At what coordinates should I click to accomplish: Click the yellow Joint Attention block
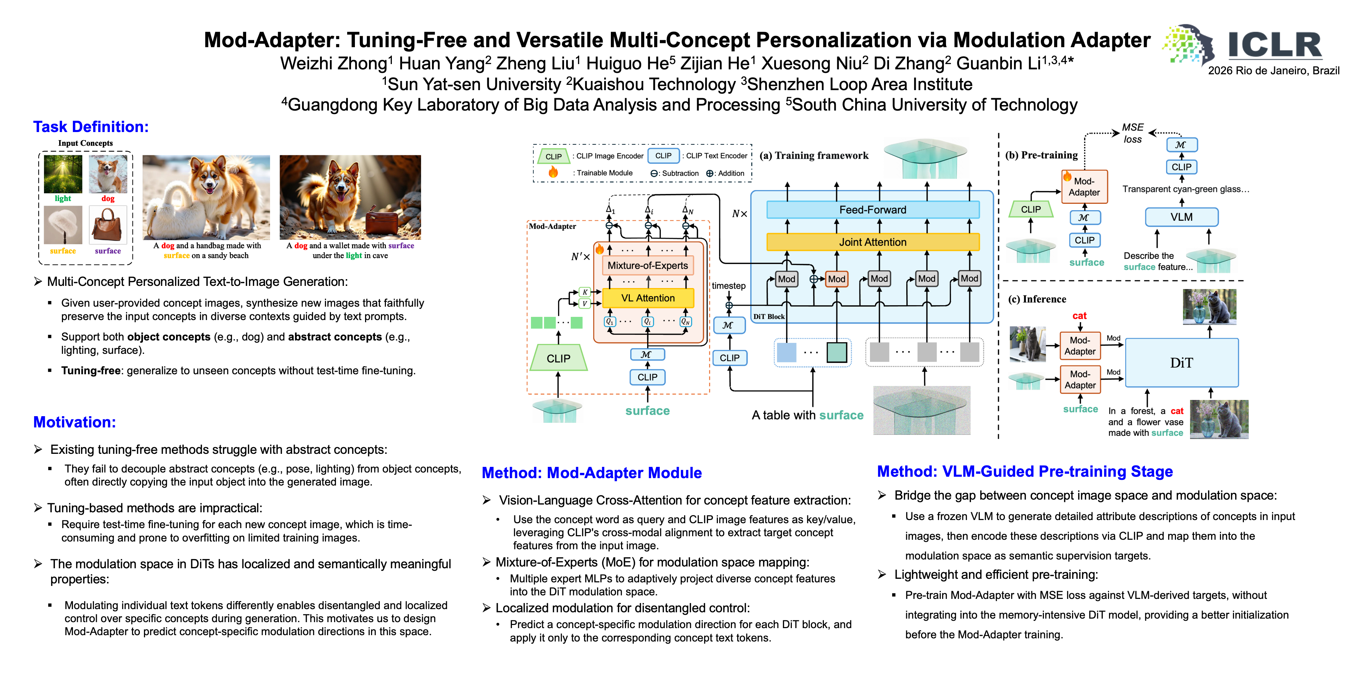point(872,242)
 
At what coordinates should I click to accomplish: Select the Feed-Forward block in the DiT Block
point(872,210)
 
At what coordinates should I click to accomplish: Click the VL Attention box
point(648,298)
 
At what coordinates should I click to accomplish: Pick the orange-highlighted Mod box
point(836,279)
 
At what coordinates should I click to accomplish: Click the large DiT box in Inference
point(1182,363)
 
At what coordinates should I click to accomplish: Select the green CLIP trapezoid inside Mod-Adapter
point(558,358)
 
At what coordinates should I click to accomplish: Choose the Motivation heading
point(75,422)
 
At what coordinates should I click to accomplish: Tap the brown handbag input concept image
point(108,225)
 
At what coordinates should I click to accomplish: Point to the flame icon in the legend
point(553,172)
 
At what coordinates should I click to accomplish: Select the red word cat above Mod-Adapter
point(1079,315)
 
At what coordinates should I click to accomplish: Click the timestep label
point(728,286)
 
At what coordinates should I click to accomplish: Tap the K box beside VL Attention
point(585,292)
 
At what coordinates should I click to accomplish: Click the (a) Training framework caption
point(814,155)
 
